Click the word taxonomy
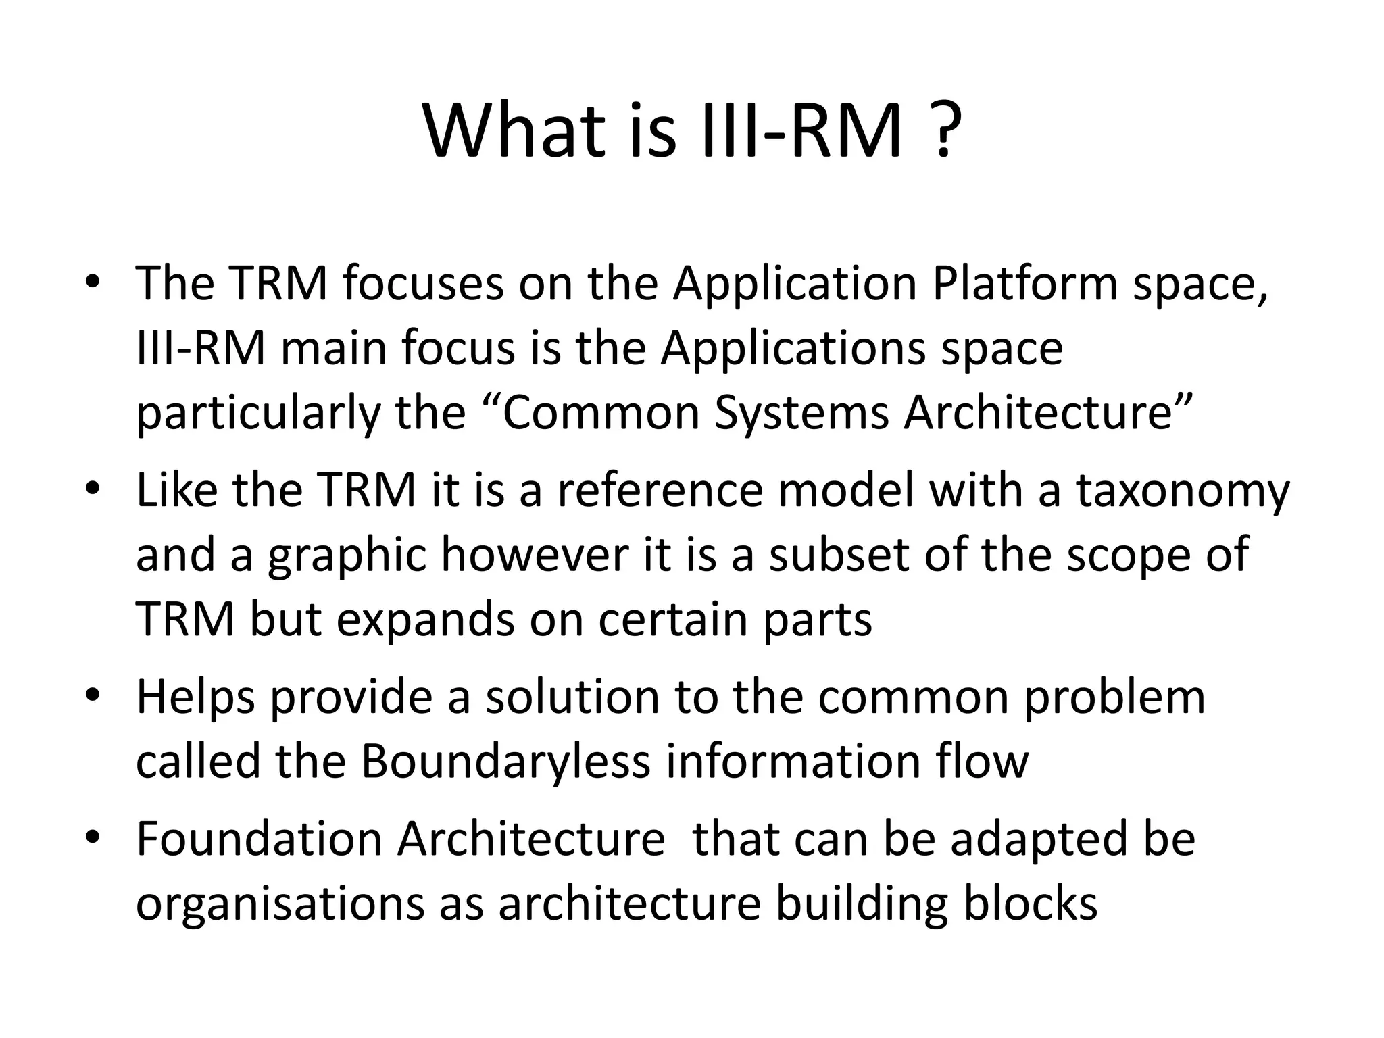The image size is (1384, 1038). coord(1183,491)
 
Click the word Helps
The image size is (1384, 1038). coord(196,698)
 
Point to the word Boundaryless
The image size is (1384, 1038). coord(505,762)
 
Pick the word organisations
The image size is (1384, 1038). coord(280,904)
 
